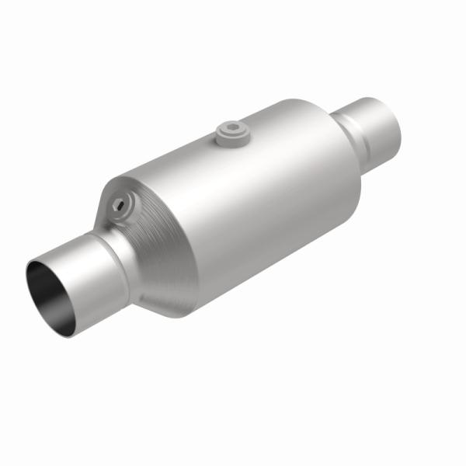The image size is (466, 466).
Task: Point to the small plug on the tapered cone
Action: pos(120,205)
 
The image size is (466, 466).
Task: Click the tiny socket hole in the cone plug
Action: pos(118,204)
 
